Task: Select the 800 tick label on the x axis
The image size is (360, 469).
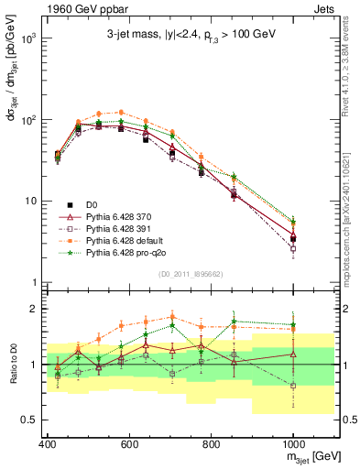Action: point(211,442)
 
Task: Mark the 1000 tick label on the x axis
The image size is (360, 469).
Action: point(292,442)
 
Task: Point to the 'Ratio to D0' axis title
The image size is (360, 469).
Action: point(11,365)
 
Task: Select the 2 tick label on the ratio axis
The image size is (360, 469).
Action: point(36,309)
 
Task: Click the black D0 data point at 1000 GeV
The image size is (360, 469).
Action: point(292,238)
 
